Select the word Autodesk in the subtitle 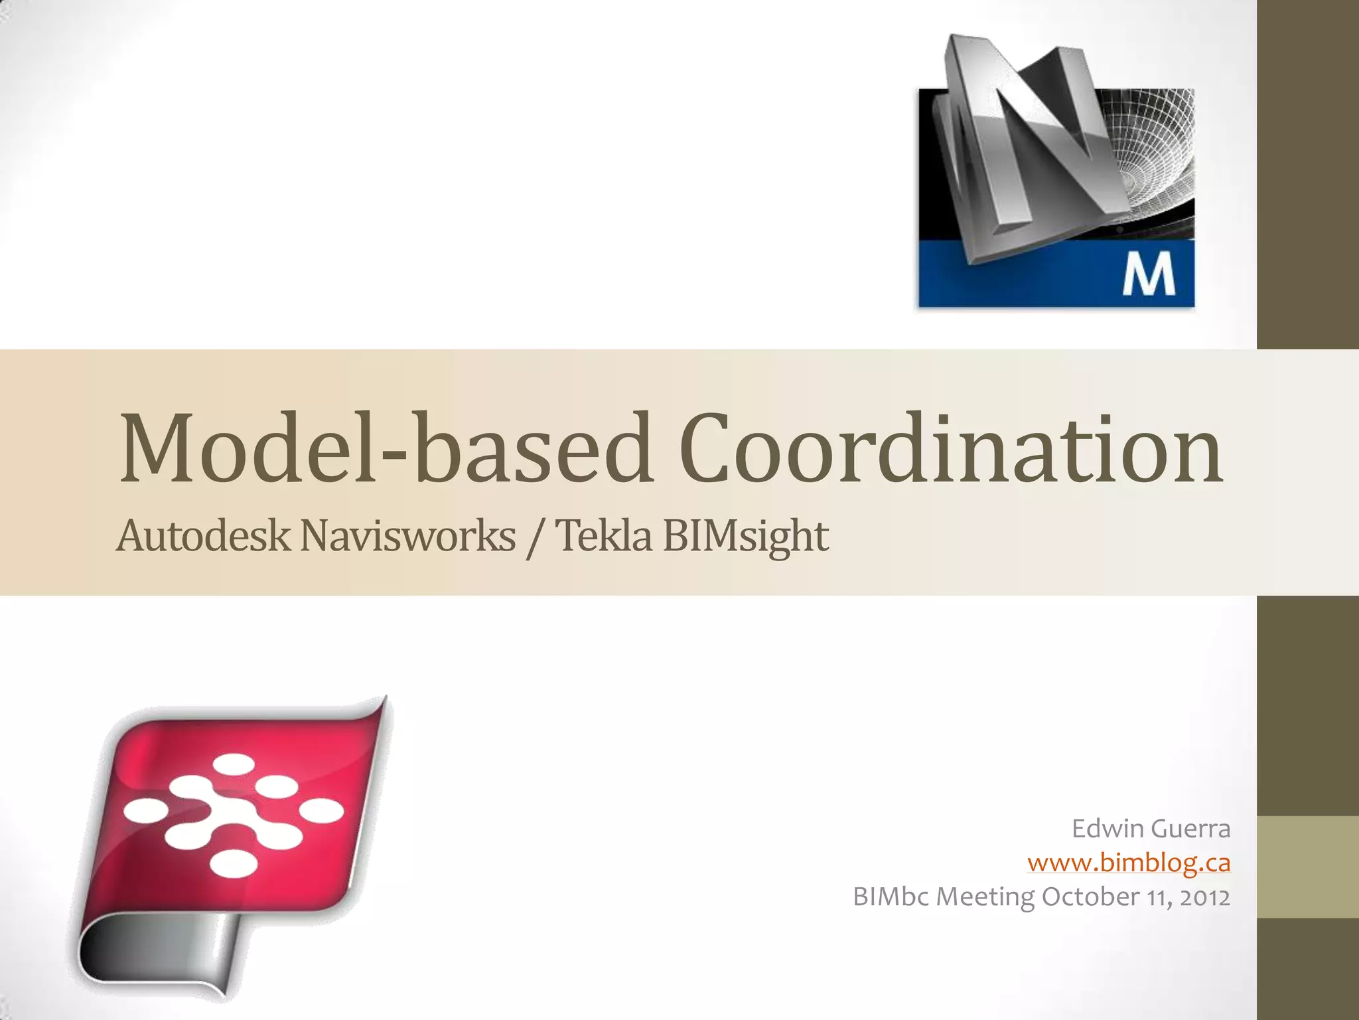click(202, 536)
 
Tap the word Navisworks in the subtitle click(407, 536)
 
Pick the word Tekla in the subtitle click(603, 536)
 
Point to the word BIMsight click(745, 537)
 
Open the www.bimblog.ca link click(1129, 863)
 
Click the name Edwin click(1108, 829)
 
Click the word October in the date click(1090, 897)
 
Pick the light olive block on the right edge click(1308, 867)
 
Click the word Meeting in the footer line click(985, 897)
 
